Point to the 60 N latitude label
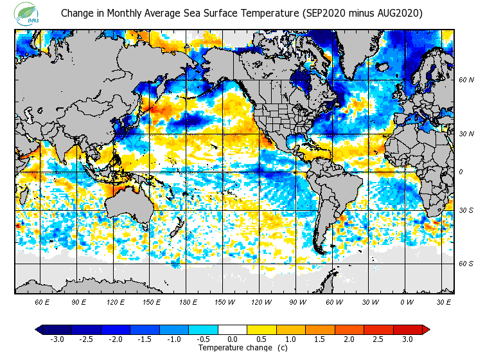point(467,80)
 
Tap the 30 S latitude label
point(467,211)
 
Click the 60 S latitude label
point(467,264)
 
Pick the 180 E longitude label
point(188,302)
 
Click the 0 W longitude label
point(407,302)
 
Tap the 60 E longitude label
point(42,302)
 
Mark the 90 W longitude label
point(297,302)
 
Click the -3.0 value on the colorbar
point(57,339)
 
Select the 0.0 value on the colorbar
point(232,339)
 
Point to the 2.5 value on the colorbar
point(378,339)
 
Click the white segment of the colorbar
point(232,330)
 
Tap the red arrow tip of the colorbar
point(425,330)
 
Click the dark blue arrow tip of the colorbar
point(39,330)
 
